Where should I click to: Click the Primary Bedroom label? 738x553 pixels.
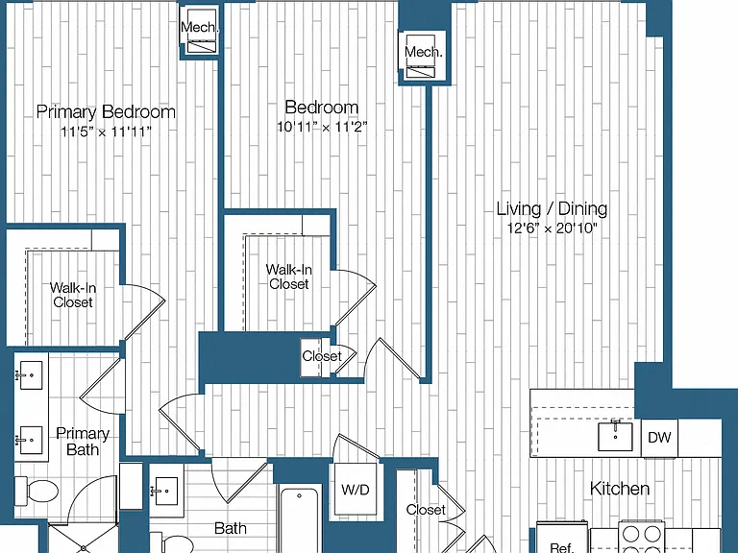pos(106,112)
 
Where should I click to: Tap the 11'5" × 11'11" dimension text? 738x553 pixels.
pos(106,132)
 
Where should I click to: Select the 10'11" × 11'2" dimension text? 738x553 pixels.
pos(322,127)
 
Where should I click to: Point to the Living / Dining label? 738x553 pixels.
pos(553,208)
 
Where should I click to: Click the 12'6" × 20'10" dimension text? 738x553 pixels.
pos(553,228)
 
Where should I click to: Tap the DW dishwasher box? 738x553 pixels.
pos(659,438)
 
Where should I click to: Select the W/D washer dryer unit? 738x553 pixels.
pos(356,490)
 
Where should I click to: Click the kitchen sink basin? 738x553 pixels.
pos(615,436)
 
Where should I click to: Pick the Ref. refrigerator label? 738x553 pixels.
pos(562,547)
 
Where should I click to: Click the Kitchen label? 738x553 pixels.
pos(620,489)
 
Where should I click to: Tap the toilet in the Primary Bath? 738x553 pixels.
pos(37,491)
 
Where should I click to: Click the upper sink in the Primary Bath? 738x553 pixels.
pos(31,374)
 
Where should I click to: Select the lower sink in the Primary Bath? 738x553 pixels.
pos(31,440)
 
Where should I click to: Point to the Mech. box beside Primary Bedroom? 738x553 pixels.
pos(200,31)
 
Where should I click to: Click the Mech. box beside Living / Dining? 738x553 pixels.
pos(422,56)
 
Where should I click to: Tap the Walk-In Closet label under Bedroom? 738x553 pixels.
pos(289,276)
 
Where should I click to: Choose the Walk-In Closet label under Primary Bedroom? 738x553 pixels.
pos(73,295)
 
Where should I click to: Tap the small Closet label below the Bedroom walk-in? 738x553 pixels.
pos(322,356)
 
